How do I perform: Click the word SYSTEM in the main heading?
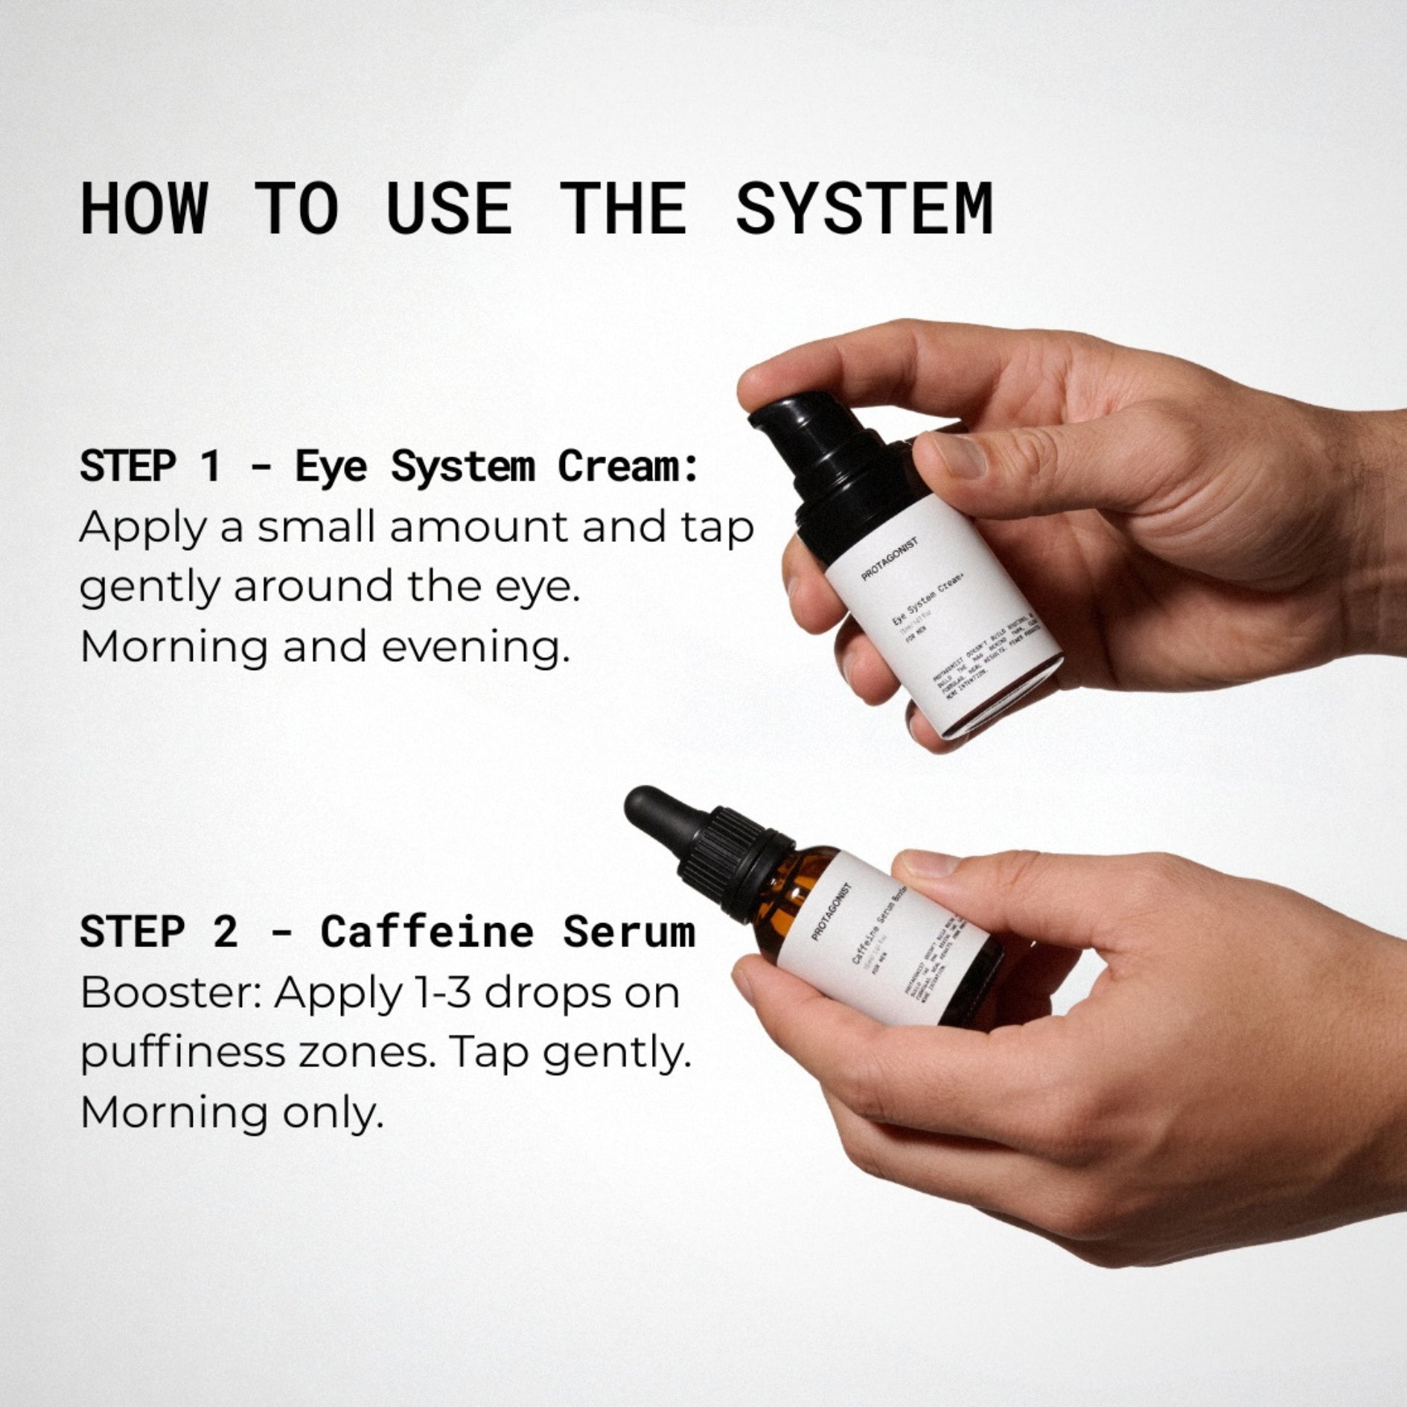[864, 208]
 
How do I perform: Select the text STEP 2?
[158, 932]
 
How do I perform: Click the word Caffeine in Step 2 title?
[427, 932]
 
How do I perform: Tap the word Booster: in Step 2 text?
[170, 993]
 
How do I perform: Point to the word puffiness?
[182, 1053]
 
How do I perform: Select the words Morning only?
[232, 1113]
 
